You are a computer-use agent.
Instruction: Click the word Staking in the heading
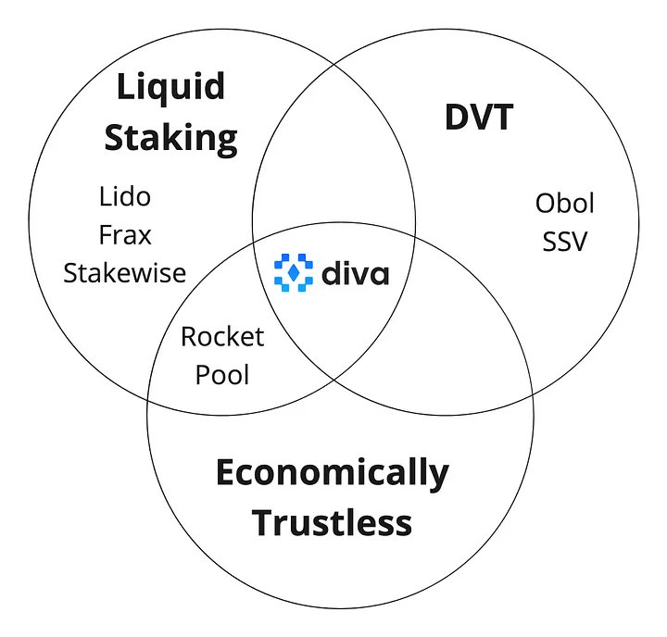pos(171,139)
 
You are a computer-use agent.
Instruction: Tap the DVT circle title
pos(479,117)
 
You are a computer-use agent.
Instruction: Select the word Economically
pos(333,474)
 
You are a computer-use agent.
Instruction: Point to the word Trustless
pos(332,522)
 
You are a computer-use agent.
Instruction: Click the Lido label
pos(125,196)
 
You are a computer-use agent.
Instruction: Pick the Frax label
pos(125,235)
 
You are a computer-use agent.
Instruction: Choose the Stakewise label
pos(125,272)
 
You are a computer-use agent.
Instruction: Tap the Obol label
pos(564,203)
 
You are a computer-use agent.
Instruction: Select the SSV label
pos(564,241)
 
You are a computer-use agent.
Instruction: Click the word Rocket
pos(222,336)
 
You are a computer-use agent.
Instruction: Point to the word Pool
pos(222,375)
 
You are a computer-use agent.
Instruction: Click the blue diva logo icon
pos(294,272)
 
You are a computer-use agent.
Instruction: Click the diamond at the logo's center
pos(294,272)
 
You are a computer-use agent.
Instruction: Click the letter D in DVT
pos(457,117)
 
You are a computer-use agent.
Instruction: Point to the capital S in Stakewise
pos(70,273)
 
